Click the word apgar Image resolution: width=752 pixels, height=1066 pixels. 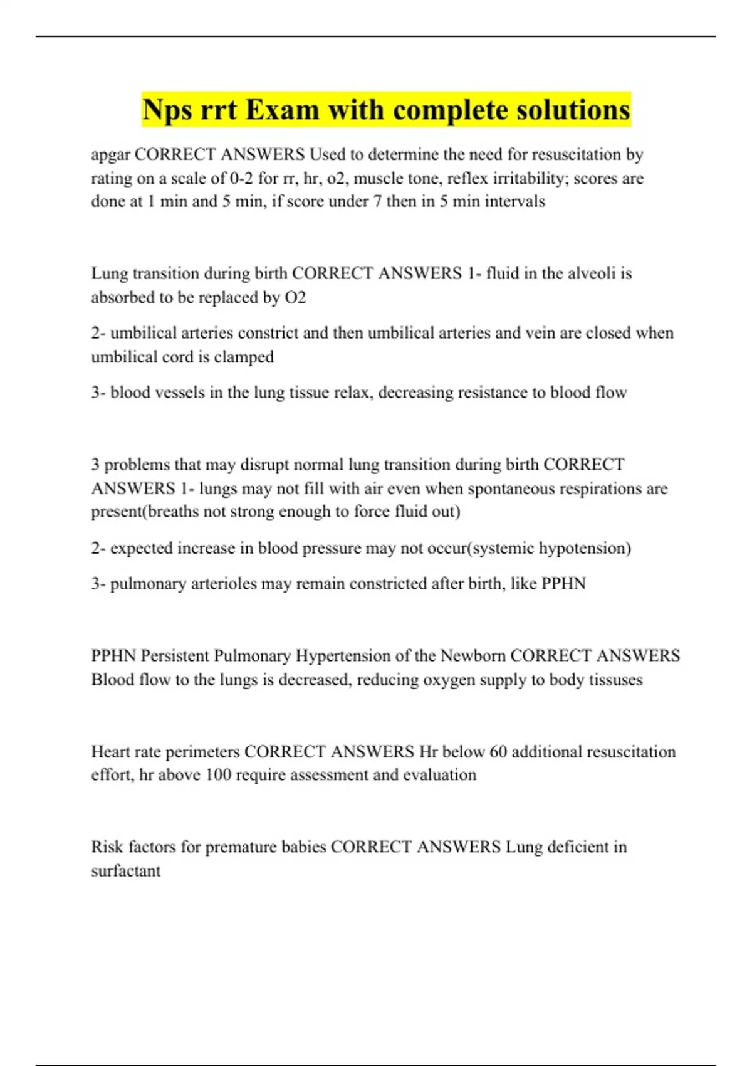[x=110, y=154]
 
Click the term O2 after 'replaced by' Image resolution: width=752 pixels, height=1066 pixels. [x=295, y=297]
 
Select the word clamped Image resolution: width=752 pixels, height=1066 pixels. [x=244, y=357]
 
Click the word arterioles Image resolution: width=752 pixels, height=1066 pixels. [x=224, y=584]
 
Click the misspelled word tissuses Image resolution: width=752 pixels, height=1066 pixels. [x=615, y=680]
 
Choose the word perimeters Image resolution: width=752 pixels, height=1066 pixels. [x=205, y=752]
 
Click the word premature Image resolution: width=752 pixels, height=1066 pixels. [x=241, y=847]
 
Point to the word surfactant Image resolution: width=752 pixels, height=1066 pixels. [x=126, y=871]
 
